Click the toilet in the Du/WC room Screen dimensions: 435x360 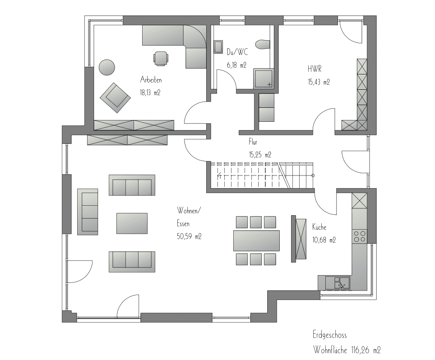263,44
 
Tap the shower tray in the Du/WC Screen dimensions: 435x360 264,79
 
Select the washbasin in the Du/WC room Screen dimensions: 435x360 218,47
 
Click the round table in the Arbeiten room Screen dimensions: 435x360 107,67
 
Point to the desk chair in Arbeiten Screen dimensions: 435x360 161,58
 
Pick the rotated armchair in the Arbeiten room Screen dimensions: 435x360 115,97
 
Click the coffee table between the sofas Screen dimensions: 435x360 132,223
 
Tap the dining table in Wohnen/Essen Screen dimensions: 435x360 256,241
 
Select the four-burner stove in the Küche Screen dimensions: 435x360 359,236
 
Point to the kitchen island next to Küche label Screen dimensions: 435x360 299,239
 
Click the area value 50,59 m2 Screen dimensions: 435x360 189,236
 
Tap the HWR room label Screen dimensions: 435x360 315,69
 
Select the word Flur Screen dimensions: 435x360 253,142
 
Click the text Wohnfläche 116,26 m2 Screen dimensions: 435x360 347,350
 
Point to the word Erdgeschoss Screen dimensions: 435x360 330,335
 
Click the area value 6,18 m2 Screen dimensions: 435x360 236,65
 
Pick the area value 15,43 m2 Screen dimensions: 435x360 319,82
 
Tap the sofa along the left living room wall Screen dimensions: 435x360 88,212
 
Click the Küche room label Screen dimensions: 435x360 319,227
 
